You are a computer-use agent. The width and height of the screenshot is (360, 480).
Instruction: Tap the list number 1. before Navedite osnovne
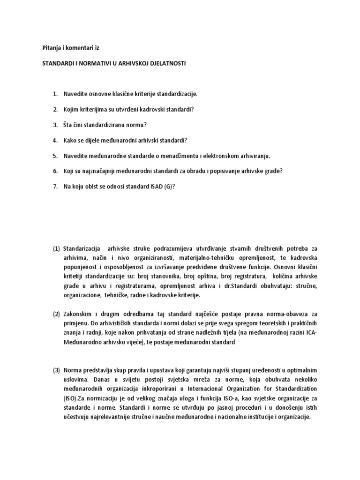(55, 94)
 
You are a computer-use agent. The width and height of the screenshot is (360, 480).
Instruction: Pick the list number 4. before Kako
(55, 140)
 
